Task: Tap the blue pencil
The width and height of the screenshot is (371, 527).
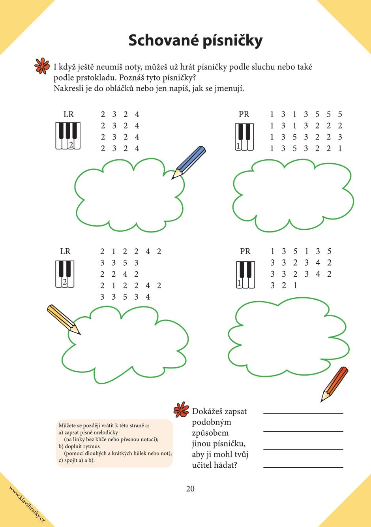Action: click(x=189, y=162)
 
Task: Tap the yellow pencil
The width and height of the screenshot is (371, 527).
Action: click(x=63, y=319)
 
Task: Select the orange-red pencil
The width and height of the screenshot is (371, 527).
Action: click(x=335, y=384)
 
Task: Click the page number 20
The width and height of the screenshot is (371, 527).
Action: click(x=190, y=489)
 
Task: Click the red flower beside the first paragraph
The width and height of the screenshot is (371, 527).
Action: click(x=42, y=66)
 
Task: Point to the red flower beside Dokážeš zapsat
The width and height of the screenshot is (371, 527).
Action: click(x=182, y=410)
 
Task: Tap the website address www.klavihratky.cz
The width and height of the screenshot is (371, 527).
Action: click(x=27, y=504)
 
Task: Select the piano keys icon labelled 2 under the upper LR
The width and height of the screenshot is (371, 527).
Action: click(x=68, y=136)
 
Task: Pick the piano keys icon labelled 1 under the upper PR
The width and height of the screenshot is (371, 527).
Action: click(x=244, y=137)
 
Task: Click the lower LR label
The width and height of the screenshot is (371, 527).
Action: click(x=65, y=251)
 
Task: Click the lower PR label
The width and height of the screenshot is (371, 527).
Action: click(x=245, y=251)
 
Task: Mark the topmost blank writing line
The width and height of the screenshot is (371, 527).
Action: click(x=303, y=413)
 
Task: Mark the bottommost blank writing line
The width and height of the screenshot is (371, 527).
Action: click(x=303, y=467)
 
